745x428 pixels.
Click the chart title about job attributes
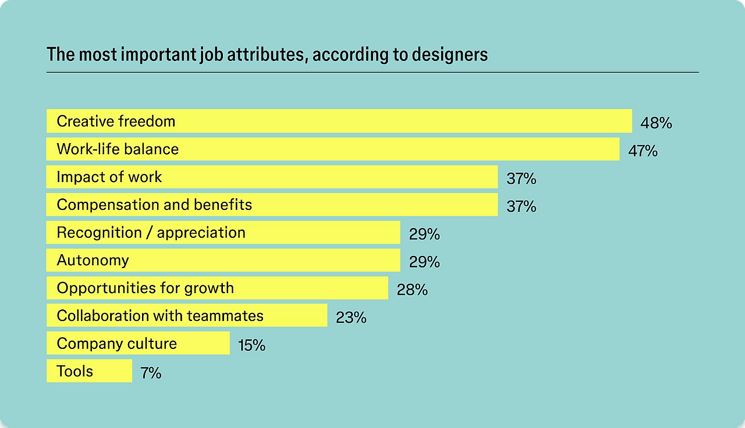267,55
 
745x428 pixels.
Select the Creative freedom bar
339,121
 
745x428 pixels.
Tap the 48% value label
656,123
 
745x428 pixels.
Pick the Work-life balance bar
332,149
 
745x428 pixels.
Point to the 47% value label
643,151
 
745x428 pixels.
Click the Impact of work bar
272,177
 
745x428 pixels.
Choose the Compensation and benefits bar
272,205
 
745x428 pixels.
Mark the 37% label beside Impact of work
521,179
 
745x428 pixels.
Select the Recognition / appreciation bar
223,233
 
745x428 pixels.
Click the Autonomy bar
223,260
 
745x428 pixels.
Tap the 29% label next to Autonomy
424,262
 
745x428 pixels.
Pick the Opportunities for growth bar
217,288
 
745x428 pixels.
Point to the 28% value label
412,290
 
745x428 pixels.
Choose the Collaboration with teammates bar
186,316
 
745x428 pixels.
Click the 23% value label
351,318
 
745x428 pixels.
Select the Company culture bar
138,343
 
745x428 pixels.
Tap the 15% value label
251,345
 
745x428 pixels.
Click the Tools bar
89,371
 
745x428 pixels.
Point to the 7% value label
151,373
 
